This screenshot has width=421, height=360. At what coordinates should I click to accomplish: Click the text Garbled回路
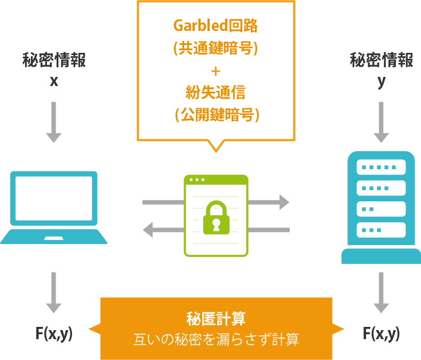click(216, 25)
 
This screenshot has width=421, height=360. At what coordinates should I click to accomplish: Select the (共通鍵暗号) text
click(216, 48)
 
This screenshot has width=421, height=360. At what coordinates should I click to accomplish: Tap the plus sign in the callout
click(216, 71)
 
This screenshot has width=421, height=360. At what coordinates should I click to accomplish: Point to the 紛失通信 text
click(216, 92)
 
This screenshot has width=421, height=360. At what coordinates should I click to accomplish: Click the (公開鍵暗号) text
click(216, 115)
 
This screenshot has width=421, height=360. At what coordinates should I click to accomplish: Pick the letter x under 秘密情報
click(54, 82)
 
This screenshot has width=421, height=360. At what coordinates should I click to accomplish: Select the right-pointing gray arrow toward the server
click(269, 202)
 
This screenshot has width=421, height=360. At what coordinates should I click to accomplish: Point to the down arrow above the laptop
click(53, 122)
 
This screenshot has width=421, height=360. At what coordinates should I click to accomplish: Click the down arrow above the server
click(381, 122)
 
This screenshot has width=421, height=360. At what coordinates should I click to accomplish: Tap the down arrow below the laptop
click(53, 293)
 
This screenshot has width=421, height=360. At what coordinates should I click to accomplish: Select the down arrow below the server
click(381, 293)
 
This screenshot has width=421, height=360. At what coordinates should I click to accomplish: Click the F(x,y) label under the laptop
click(54, 334)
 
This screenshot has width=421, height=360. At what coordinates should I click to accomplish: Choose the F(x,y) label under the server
click(381, 334)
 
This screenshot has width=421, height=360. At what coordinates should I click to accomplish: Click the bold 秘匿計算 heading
click(216, 319)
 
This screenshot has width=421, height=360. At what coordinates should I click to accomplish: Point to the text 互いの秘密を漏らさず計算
click(216, 339)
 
